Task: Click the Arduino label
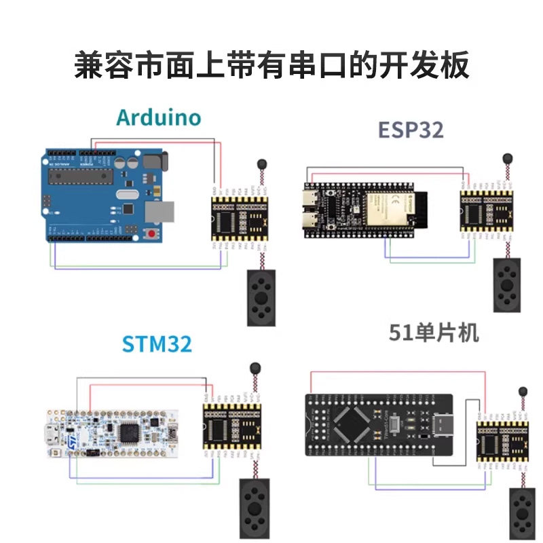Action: point(159,117)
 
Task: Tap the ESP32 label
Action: point(411,128)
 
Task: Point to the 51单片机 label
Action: point(434,333)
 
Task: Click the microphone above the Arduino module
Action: point(261,164)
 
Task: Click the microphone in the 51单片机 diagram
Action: point(523,392)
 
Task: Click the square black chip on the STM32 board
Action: point(128,432)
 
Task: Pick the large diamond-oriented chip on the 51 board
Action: point(354,429)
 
